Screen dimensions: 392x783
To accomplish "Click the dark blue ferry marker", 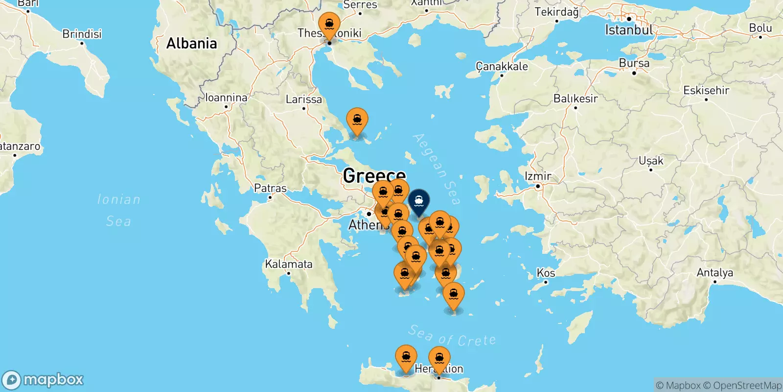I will (x=419, y=201).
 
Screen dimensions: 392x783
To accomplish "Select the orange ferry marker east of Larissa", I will (x=357, y=120).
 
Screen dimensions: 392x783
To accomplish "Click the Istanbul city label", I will (x=628, y=30).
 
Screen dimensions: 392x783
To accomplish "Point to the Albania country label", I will (x=191, y=44).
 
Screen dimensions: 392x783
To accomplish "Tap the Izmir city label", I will (x=538, y=176).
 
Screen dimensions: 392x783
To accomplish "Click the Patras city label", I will (x=270, y=188).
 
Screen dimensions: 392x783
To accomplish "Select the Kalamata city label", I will (x=288, y=264).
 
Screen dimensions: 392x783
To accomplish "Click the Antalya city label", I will (x=714, y=272).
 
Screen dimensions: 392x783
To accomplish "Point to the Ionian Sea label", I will (x=118, y=210).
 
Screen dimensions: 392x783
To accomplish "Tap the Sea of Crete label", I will (x=452, y=336).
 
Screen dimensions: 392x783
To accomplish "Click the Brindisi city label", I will (x=82, y=34).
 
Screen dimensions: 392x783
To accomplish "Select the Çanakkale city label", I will (x=502, y=66).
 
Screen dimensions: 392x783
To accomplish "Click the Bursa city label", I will (x=634, y=63).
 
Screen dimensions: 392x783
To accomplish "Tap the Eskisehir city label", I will (x=706, y=90).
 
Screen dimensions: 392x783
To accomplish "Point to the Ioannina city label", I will (x=226, y=98).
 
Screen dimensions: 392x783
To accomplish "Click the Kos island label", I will (x=546, y=272).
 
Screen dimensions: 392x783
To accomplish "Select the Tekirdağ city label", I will (x=556, y=12).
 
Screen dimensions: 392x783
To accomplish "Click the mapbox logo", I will (x=43, y=380).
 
